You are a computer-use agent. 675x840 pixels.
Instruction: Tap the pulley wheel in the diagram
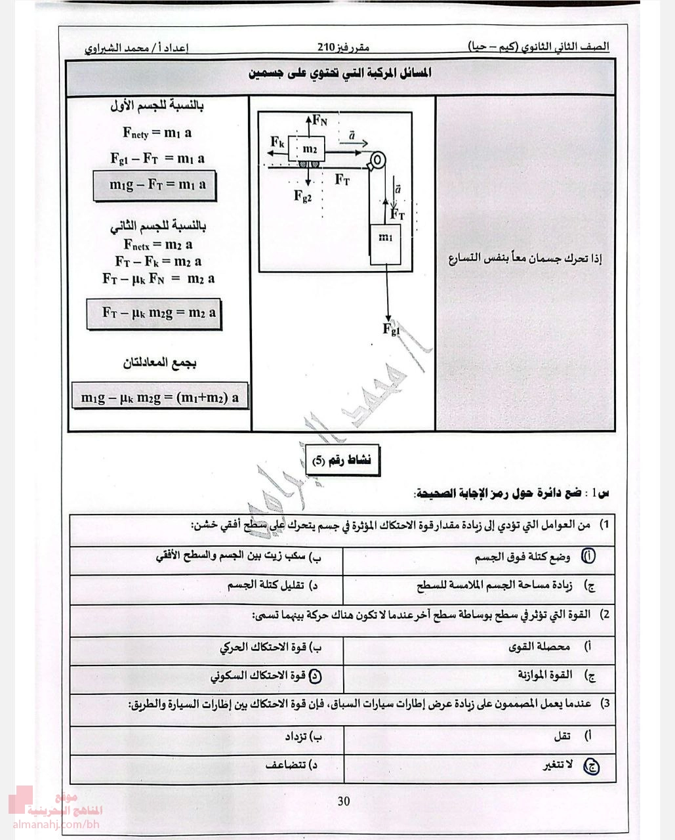pyautogui.click(x=377, y=161)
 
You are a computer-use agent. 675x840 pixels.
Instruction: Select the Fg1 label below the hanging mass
pyautogui.click(x=391, y=329)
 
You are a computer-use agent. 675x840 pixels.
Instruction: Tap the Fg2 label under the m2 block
pyautogui.click(x=303, y=195)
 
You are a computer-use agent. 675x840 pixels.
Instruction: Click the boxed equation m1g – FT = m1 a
pyautogui.click(x=155, y=186)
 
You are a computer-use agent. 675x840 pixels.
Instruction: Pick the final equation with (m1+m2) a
pyautogui.click(x=160, y=397)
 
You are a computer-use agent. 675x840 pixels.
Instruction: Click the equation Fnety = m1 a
pyautogui.click(x=157, y=133)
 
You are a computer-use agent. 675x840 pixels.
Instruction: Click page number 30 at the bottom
pyautogui.click(x=344, y=801)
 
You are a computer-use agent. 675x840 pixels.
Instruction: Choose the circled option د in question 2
pyautogui.click(x=314, y=675)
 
